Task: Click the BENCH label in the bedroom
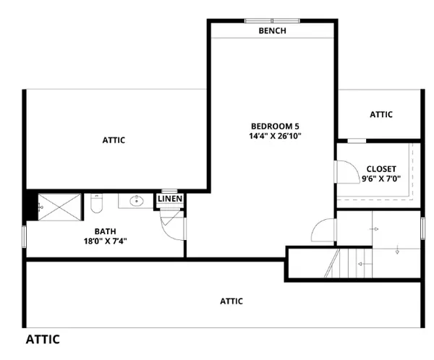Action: point(273,30)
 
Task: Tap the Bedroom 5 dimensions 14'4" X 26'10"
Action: point(275,136)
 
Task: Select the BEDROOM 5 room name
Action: point(275,127)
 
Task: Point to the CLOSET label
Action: point(381,168)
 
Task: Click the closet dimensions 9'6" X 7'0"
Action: point(381,179)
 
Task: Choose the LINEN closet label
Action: point(170,198)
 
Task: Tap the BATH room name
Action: point(105,231)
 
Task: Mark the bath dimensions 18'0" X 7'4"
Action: point(105,241)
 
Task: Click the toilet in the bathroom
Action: point(96,203)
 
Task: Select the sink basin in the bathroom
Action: point(137,201)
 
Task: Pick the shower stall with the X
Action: point(59,207)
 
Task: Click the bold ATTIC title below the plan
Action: point(43,339)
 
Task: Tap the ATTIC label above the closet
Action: point(381,114)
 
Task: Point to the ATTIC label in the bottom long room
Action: point(231,301)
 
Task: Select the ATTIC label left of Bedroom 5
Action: point(114,140)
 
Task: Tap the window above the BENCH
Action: point(273,21)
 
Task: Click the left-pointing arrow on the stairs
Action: point(365,264)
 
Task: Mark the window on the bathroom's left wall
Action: point(25,236)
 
